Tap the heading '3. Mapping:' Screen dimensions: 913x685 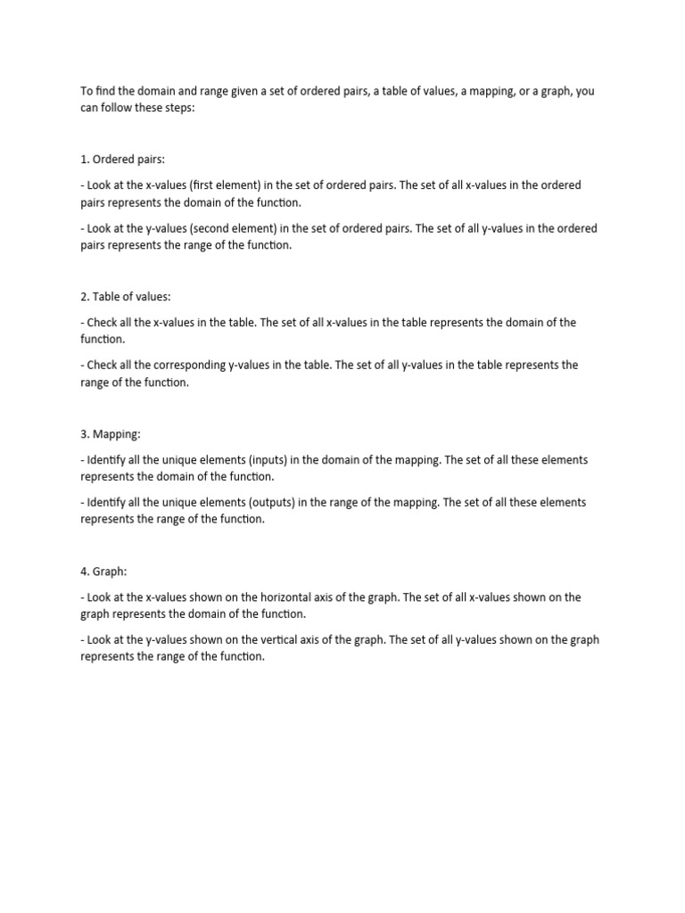pos(111,434)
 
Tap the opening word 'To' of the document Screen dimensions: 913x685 pos(87,91)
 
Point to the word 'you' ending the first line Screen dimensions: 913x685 pos(585,91)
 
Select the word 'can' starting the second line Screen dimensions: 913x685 pos(90,107)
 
